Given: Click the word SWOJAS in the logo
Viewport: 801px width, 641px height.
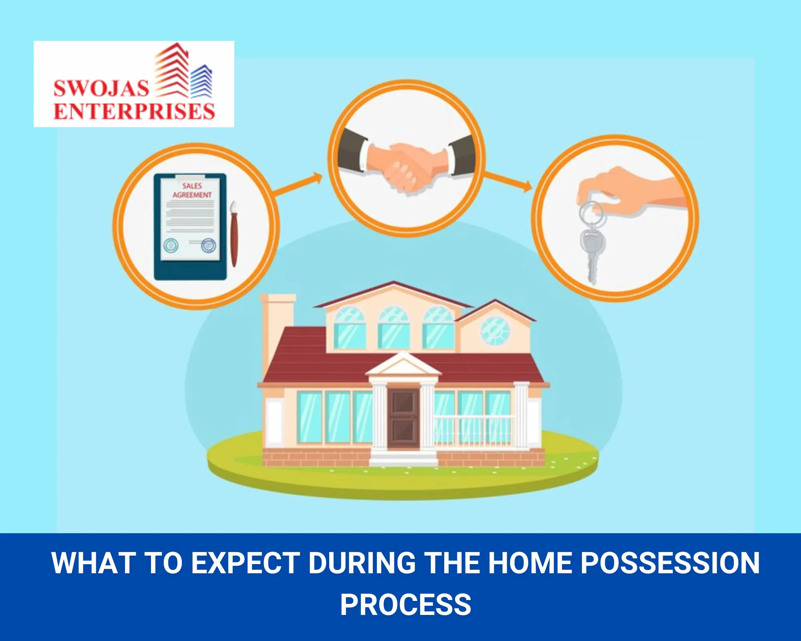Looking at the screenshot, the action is click(101, 88).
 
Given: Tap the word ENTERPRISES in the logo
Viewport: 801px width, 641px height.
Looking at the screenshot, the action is click(134, 111).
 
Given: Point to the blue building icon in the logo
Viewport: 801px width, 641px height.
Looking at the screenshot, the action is click(201, 81).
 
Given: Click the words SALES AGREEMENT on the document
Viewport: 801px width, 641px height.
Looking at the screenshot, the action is click(192, 190).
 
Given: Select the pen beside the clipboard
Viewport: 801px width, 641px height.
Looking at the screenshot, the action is click(233, 234).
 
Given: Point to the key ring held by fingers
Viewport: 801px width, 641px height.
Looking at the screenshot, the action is click(591, 213).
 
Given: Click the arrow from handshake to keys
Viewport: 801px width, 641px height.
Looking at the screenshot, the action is click(508, 181).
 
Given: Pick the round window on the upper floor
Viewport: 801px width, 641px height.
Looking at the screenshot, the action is click(495, 331).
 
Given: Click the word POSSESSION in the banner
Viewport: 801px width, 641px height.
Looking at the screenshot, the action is click(670, 563).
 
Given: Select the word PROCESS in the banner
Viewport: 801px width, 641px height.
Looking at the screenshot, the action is click(406, 605).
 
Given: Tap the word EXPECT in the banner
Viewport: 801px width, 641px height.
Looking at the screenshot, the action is click(246, 563).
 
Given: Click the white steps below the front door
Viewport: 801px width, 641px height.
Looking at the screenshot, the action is click(403, 458).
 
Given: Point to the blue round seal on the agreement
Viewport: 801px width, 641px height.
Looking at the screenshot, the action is click(208, 245).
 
